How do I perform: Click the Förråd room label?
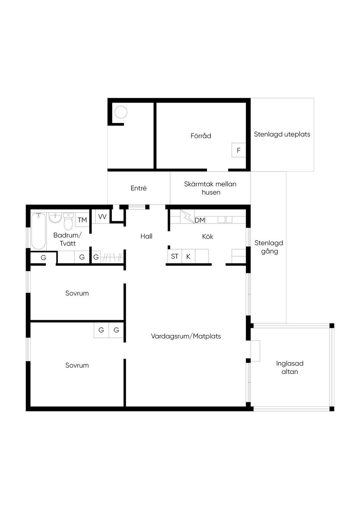201,136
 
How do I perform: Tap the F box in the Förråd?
239,150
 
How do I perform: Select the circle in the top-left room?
121,112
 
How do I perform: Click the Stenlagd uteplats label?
282,134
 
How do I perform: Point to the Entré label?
139,188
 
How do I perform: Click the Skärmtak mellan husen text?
210,188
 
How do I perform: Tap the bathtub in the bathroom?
38,231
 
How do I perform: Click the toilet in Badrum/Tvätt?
68,221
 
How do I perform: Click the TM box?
82,220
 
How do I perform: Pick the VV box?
102,217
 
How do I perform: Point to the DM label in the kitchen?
200,220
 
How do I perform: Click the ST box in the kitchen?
174,256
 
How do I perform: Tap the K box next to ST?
188,256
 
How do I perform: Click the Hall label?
146,236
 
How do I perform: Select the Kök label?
207,237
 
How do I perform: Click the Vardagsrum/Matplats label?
186,336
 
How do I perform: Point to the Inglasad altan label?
290,367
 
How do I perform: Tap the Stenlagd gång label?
269,247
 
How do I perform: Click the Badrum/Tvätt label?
67,239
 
